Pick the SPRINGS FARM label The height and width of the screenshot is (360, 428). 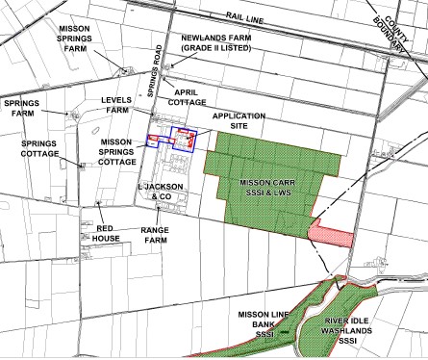click(23, 108)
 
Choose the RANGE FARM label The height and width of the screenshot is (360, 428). click(156, 236)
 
